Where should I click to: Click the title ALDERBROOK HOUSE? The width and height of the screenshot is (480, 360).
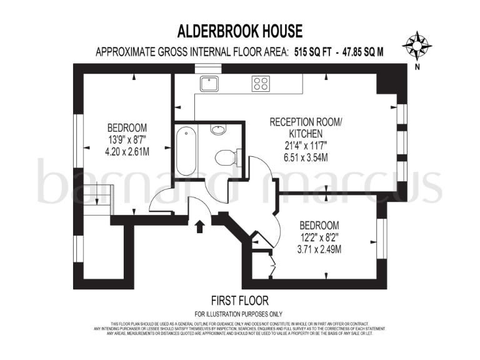pos(240,31)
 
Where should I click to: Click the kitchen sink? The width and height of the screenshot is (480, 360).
pos(209,82)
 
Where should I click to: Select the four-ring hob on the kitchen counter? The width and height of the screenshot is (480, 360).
pos(261,83)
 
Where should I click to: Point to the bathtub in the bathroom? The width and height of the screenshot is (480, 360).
pos(186,149)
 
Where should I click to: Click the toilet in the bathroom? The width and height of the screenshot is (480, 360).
pos(224,156)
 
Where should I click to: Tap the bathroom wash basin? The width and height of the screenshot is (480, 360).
pos(218,130)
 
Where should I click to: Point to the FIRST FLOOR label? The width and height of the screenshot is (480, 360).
pos(240,301)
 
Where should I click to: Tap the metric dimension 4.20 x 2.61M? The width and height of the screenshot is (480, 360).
pos(127,150)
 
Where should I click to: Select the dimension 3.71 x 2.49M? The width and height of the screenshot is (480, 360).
pos(319,249)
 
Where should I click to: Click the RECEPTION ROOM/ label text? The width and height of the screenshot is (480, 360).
pos(306,122)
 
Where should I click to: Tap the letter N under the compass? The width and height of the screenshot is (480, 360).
pos(416,66)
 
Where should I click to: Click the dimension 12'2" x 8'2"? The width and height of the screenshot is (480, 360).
pos(319,237)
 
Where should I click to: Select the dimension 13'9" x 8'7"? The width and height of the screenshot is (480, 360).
pos(127,138)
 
